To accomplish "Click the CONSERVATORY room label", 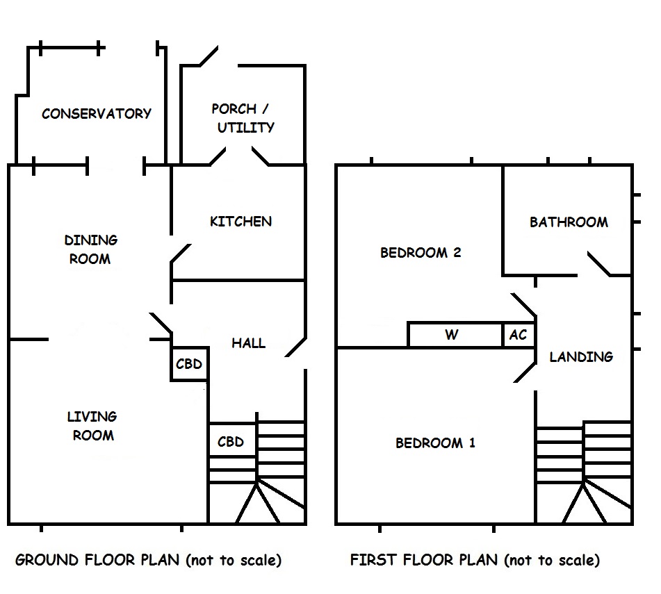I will coord(97,114).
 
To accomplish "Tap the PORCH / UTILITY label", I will coord(243,118).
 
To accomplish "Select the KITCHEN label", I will coord(240,222).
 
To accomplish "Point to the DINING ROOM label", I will coord(90,249).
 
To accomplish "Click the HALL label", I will coord(248,343).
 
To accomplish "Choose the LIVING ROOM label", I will coord(92,426).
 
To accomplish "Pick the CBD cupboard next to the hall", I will coord(189,364).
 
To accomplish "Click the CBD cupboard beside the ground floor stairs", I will coord(231,442).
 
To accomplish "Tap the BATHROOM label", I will coord(569,222).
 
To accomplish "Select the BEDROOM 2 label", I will coord(421,253).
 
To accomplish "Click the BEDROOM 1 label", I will coord(435,443).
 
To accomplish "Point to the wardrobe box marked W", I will coord(452,335).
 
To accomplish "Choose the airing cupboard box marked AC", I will coord(519,335).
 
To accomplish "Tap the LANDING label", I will coord(581,357).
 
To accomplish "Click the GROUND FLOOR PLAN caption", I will coord(148,560).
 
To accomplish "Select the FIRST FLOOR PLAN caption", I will coord(474,560).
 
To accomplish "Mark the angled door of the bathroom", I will coord(598,264).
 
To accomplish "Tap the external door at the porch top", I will coord(208,56).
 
